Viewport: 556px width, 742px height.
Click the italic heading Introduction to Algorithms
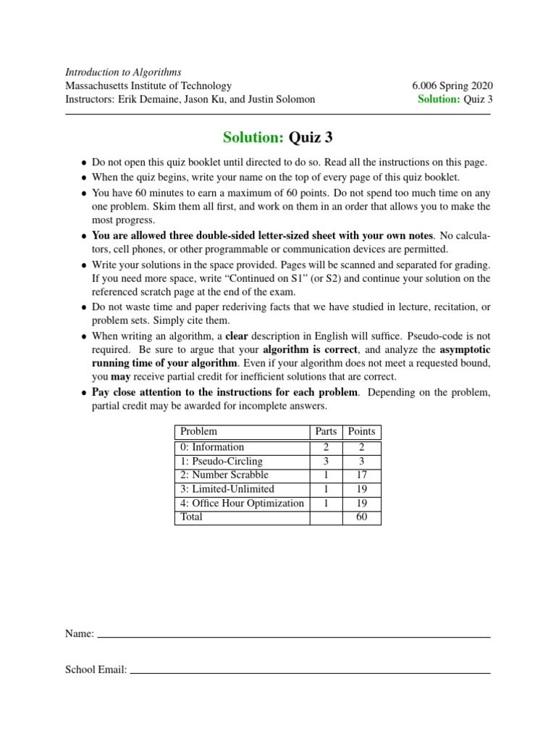click(123, 72)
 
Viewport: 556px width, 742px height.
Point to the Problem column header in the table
click(198, 432)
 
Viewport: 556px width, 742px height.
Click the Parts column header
click(326, 432)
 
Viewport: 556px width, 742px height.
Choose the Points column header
click(361, 432)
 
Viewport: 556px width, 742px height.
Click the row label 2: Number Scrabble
click(224, 475)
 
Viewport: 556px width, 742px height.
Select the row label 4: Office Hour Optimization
click(243, 503)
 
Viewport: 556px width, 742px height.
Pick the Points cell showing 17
click(361, 475)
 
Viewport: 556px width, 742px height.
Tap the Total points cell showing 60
click(361, 517)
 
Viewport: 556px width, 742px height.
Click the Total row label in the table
click(192, 517)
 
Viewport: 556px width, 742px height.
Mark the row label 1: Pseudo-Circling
click(222, 461)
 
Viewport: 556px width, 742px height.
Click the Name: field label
click(80, 634)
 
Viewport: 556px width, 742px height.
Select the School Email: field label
click(96, 670)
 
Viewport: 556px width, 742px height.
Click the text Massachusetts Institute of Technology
click(148, 86)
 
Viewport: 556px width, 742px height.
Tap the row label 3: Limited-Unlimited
click(227, 489)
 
